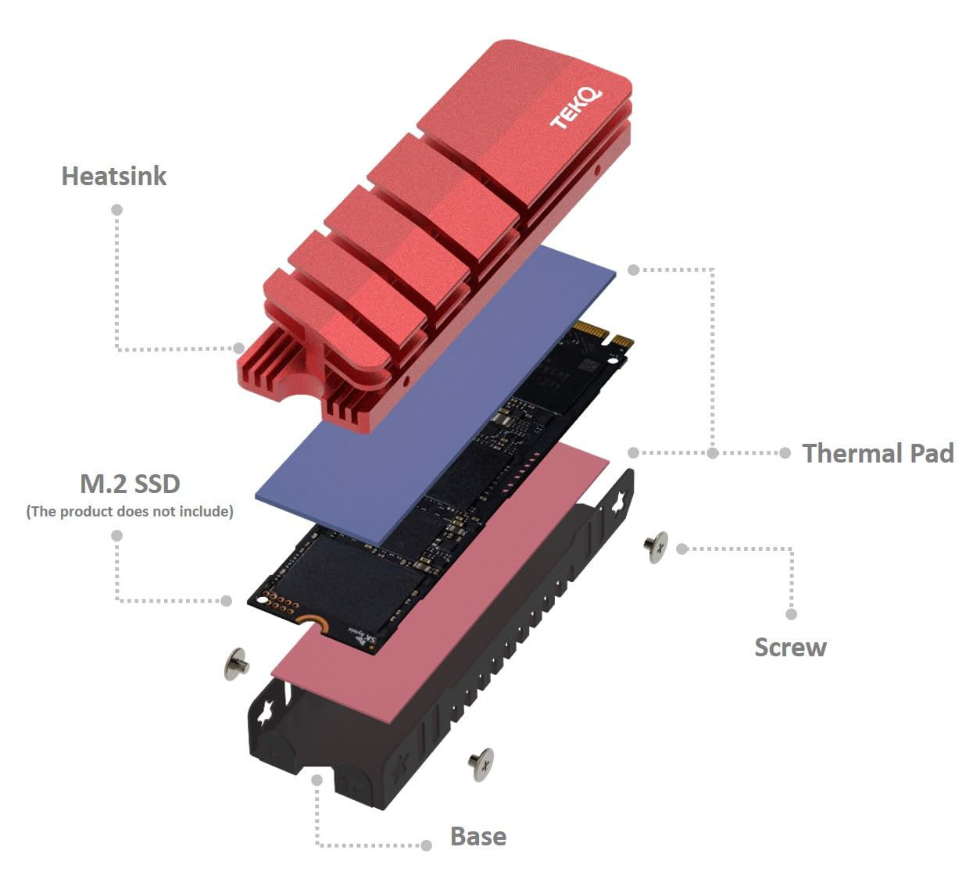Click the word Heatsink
coord(114,176)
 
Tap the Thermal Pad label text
coord(878,453)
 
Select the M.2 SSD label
coord(130,484)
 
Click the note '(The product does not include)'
coord(130,512)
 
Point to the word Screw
coord(790,647)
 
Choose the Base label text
coord(478,836)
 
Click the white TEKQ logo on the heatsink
coord(576,109)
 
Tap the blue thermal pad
coord(438,391)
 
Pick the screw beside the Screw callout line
coord(656,546)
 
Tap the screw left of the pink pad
coord(235,664)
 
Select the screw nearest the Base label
coord(481,763)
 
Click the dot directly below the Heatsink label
coord(117,209)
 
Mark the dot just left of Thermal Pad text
coord(785,453)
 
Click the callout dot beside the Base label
coord(427,845)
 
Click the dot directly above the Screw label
coord(792,614)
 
